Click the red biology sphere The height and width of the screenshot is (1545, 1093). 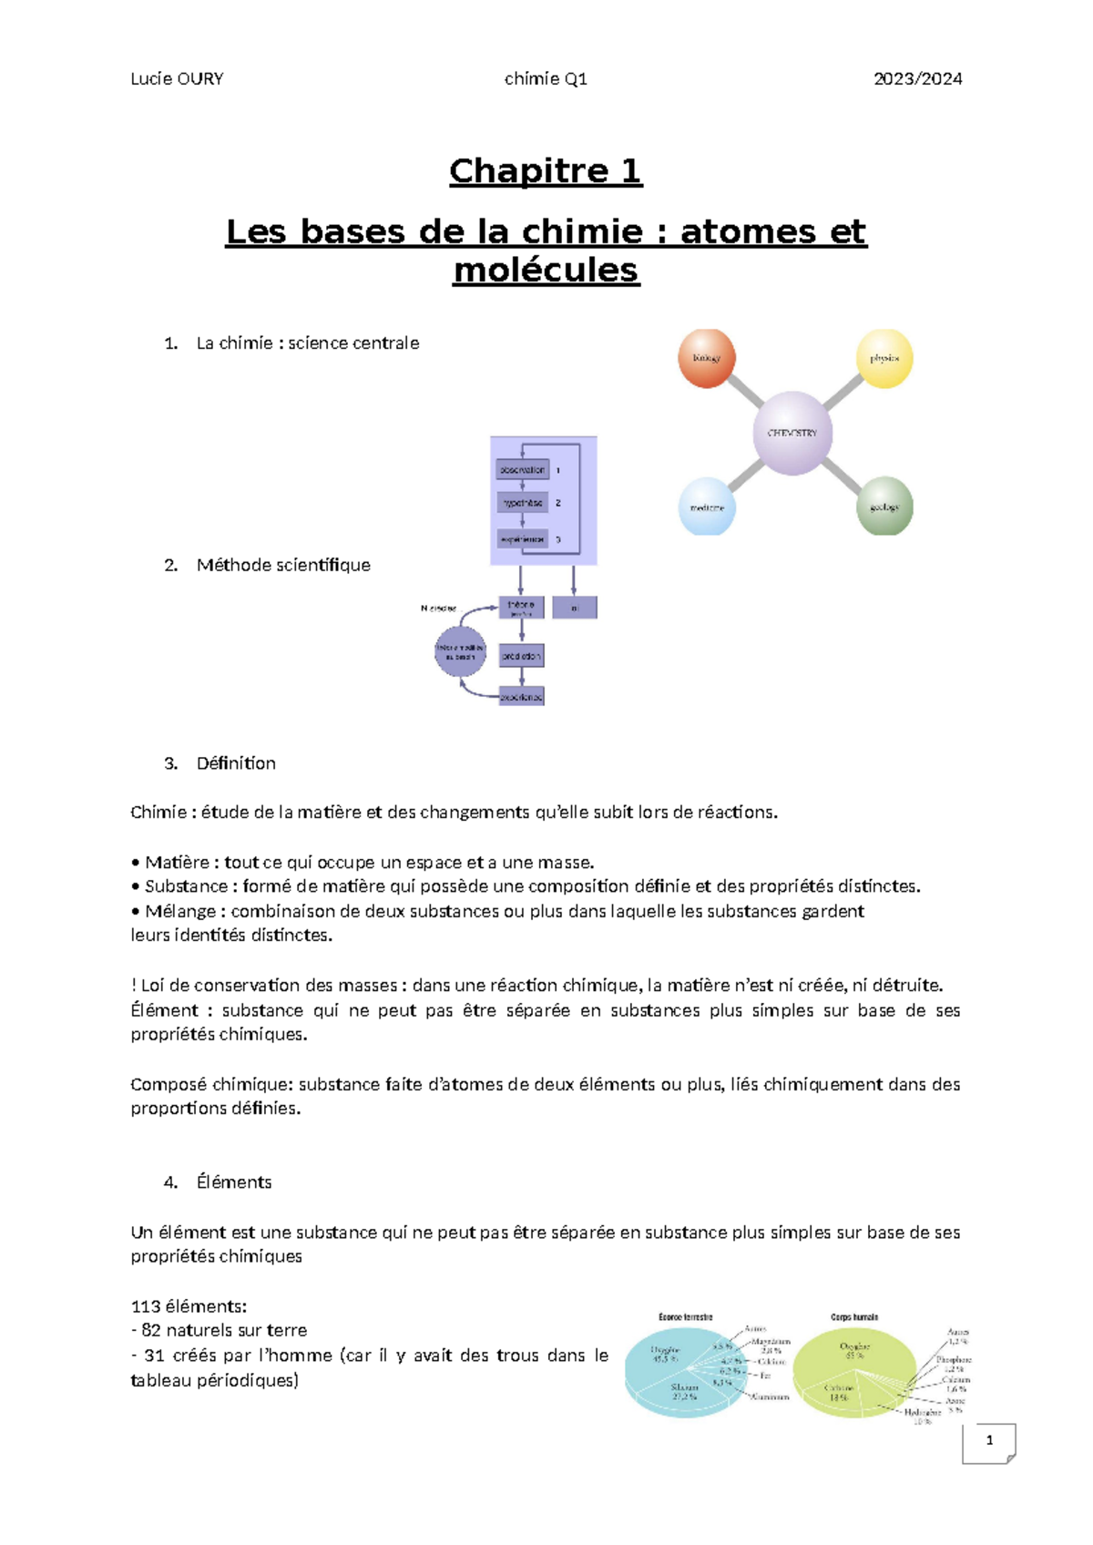pyautogui.click(x=707, y=358)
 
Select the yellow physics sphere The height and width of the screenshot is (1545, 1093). pyautogui.click(x=884, y=358)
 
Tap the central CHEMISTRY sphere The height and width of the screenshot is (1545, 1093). pyautogui.click(x=792, y=433)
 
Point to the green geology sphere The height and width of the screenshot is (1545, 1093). pyautogui.click(x=884, y=506)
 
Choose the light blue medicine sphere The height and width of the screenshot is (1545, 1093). pyautogui.click(x=707, y=506)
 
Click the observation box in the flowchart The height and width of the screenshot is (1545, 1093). pyautogui.click(x=523, y=470)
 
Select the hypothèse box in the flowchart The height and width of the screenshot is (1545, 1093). pyautogui.click(x=523, y=503)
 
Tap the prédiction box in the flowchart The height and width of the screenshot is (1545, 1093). pyautogui.click(x=522, y=656)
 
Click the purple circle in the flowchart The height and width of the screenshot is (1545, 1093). pyautogui.click(x=460, y=651)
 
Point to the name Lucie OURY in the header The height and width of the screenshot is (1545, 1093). pyautogui.click(x=177, y=79)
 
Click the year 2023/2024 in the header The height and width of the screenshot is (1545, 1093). pyautogui.click(x=917, y=79)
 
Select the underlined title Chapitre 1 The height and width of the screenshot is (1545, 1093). pyautogui.click(x=546, y=171)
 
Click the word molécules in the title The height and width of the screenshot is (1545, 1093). pyautogui.click(x=546, y=271)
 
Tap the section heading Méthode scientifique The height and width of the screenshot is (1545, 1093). pyautogui.click(x=283, y=566)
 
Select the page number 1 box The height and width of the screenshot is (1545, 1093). pyautogui.click(x=989, y=1441)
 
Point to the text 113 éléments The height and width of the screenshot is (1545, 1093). pyautogui.click(x=189, y=1306)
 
